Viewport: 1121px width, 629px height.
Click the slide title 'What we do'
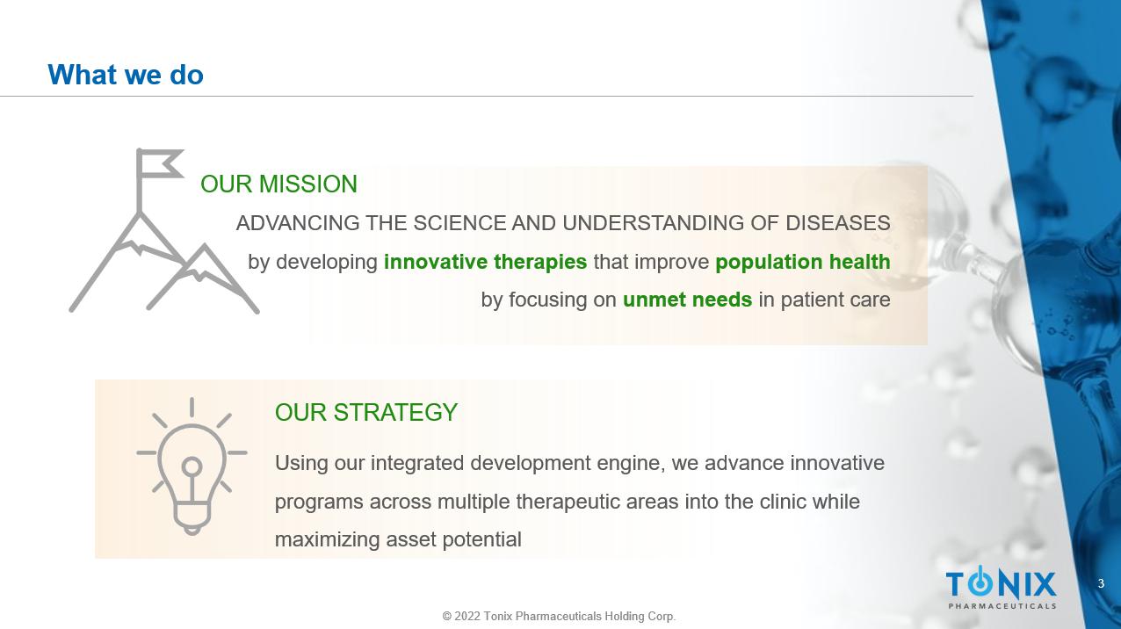[126, 75]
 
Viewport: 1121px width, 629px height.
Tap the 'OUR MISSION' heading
[278, 184]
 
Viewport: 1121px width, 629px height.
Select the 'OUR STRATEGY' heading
[366, 413]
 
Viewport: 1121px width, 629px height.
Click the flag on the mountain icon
[160, 163]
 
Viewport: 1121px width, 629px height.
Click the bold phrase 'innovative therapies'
[486, 262]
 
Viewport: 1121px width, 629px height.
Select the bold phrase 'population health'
[803, 262]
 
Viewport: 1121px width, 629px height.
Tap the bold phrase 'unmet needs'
[687, 300]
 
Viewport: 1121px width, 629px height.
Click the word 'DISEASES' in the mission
[838, 223]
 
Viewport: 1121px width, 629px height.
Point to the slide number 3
[1101, 583]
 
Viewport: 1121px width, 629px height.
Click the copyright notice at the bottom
[559, 616]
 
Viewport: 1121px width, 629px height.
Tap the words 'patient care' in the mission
[835, 300]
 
